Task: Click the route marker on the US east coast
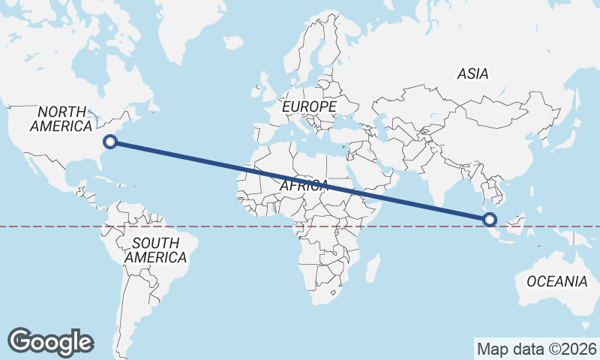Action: point(110,141)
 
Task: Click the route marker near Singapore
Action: point(490,219)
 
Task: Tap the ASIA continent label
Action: point(472,73)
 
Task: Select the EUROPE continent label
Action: point(309,108)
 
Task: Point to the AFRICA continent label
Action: point(304,185)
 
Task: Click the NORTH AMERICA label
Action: point(61,119)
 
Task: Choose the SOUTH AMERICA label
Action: point(155,250)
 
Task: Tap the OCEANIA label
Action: point(556,282)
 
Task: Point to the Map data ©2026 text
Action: point(536,349)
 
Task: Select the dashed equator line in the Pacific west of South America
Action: point(45,226)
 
